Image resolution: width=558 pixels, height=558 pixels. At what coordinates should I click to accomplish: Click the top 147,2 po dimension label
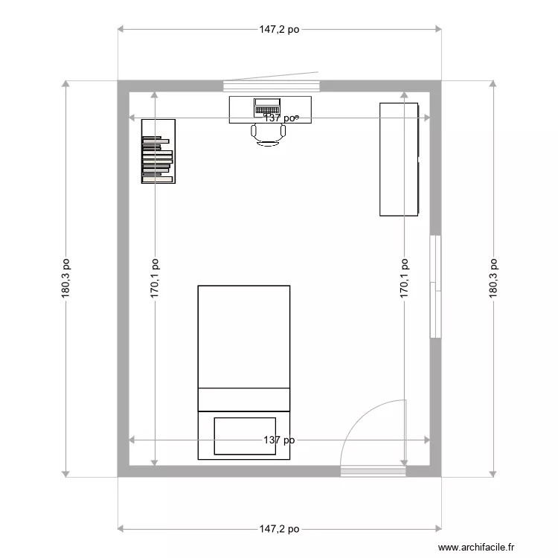click(x=279, y=31)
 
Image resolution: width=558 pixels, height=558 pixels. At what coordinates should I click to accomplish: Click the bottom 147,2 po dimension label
click(x=279, y=529)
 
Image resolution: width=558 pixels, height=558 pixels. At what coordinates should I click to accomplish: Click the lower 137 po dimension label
click(x=279, y=440)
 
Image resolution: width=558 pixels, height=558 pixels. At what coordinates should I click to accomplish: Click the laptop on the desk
click(x=267, y=106)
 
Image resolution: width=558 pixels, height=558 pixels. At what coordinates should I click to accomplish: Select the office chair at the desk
click(x=269, y=134)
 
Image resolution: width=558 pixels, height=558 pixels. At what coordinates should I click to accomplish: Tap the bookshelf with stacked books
click(x=158, y=151)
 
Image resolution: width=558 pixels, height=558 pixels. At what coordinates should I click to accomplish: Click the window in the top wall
click(x=272, y=86)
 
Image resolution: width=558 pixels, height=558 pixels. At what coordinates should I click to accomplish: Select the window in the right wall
click(x=435, y=286)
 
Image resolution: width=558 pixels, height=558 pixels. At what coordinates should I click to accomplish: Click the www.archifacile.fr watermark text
click(x=476, y=547)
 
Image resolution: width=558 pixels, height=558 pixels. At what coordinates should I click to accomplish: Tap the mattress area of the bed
click(x=243, y=335)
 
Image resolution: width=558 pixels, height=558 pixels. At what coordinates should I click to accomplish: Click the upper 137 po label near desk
click(x=281, y=118)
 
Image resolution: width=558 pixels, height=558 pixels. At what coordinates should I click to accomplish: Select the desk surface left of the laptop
click(x=240, y=108)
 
